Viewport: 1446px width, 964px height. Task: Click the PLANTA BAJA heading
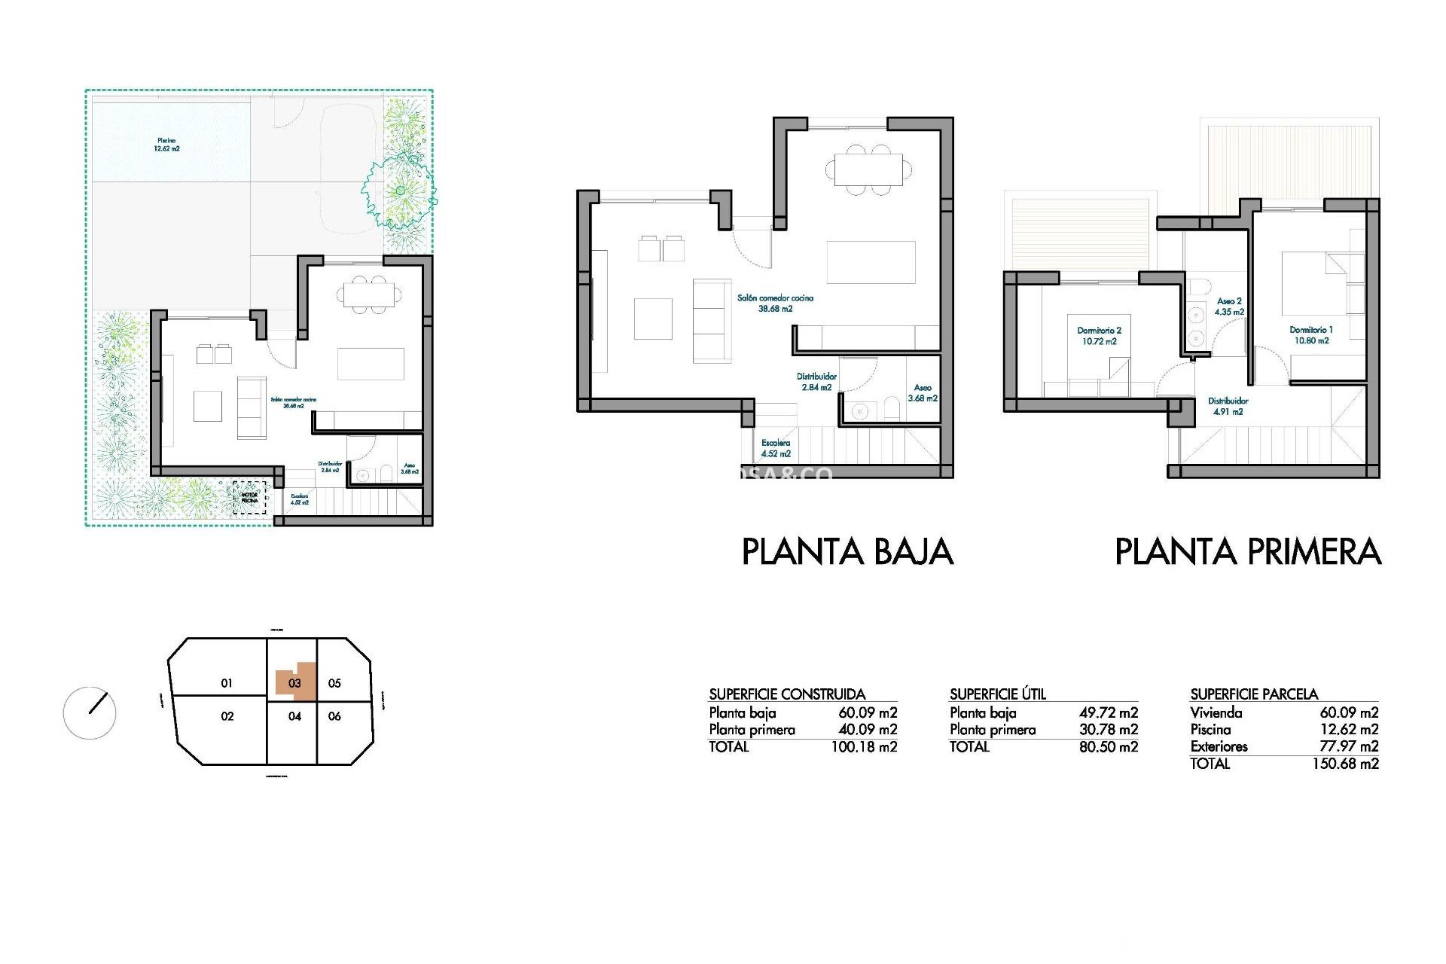(847, 552)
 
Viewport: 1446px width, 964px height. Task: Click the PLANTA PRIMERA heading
(1248, 552)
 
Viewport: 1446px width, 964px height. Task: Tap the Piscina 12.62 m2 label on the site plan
(167, 145)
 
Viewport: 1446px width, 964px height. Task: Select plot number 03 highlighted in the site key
(294, 683)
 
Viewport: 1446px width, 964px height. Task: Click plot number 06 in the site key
(334, 716)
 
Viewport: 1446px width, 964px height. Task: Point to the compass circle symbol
(90, 712)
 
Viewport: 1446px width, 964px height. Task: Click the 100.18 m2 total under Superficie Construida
(864, 747)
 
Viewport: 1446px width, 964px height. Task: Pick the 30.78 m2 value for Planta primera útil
(1108, 730)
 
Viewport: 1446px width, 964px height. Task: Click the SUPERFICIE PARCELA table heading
(1254, 694)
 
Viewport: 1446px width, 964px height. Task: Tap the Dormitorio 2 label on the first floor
(1099, 336)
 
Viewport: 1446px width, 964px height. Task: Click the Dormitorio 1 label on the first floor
(1311, 335)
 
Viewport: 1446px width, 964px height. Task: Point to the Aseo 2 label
(1229, 307)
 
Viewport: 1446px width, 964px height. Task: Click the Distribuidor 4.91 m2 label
(1228, 407)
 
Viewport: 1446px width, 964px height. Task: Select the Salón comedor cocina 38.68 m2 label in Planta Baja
(775, 303)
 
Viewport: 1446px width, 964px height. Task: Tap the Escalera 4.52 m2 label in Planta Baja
(776, 448)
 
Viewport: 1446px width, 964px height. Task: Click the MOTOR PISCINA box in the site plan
(249, 499)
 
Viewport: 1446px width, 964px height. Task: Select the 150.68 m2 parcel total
(1345, 764)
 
